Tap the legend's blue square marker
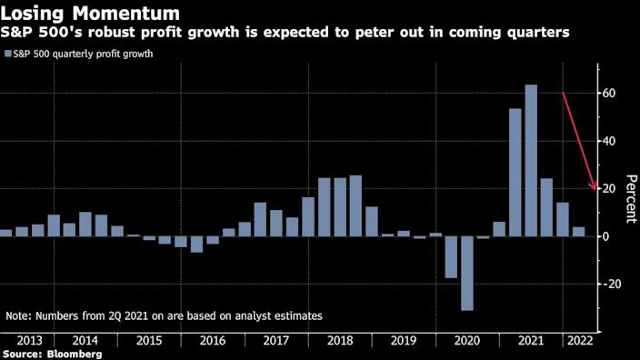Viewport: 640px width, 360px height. click(8, 54)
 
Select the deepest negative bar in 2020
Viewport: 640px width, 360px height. click(467, 273)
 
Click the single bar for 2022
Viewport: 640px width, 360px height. click(578, 232)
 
